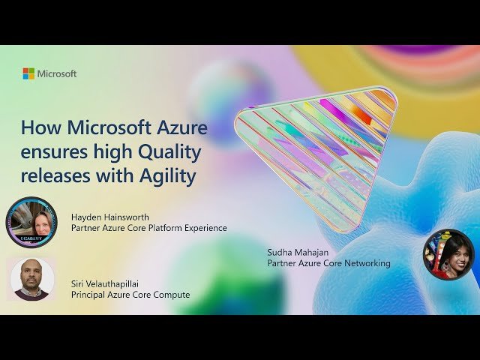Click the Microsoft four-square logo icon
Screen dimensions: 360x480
pos(28,73)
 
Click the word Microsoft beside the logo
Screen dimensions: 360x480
pos(57,73)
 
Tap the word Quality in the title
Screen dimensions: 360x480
pos(171,153)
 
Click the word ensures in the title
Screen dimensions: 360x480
pos(49,153)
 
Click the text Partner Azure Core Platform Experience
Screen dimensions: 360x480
pos(148,228)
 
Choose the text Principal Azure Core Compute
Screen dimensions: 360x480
pos(130,295)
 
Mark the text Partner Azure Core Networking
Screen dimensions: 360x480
pos(328,263)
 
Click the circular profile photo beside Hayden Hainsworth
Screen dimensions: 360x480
pos(31,223)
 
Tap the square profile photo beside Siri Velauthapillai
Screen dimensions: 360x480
pos(31,280)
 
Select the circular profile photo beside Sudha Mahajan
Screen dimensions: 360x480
pos(448,253)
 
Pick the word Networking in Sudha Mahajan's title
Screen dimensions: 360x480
pos(365,263)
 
